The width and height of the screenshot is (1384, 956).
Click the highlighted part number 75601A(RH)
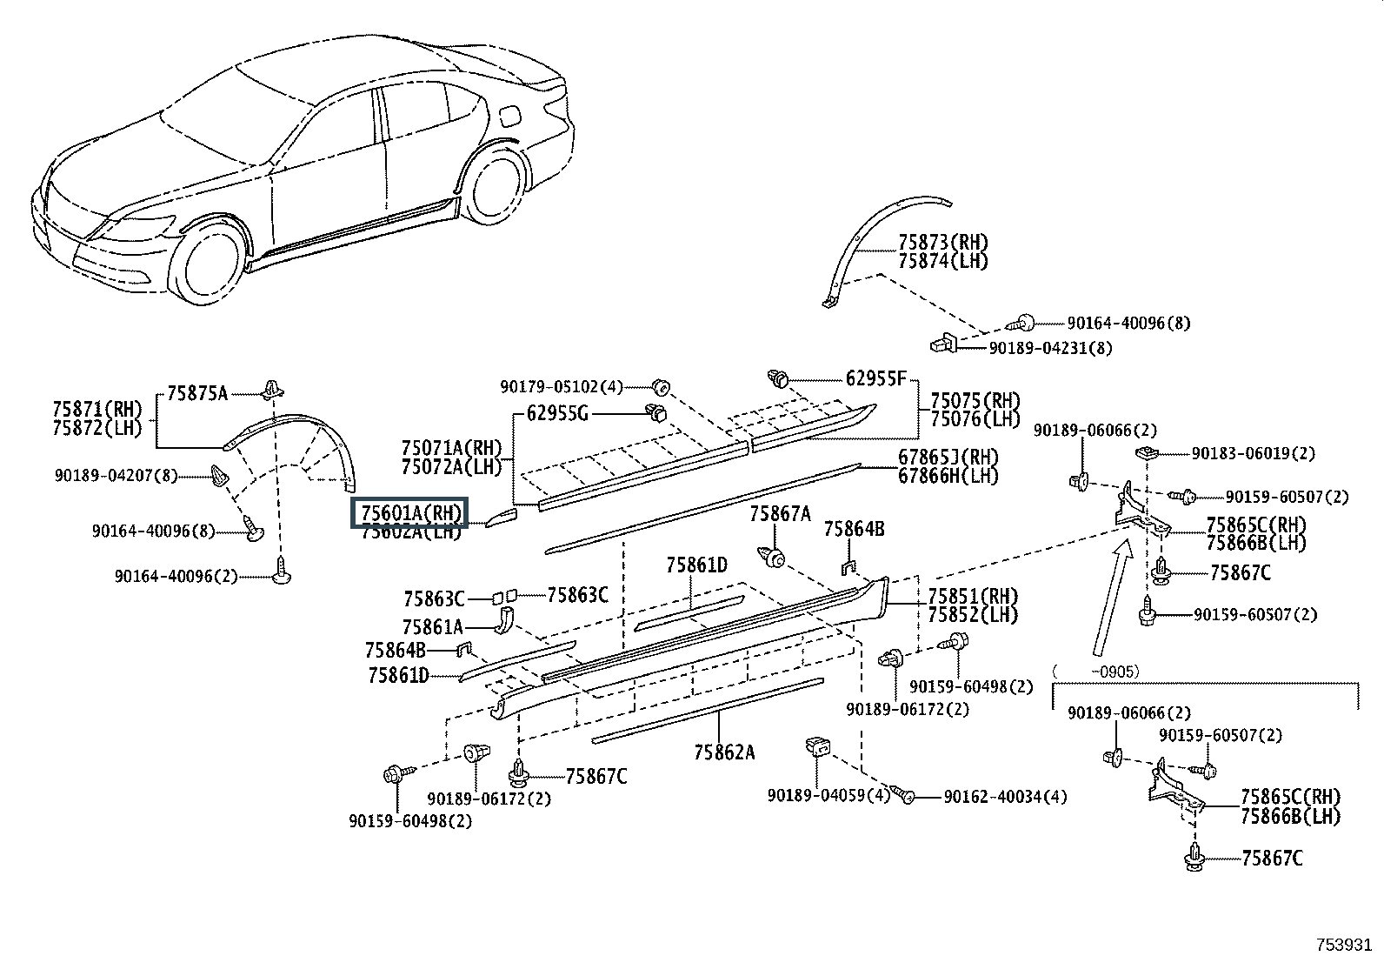click(411, 512)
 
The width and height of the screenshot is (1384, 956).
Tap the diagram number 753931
click(1343, 944)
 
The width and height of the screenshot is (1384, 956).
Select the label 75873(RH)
click(943, 242)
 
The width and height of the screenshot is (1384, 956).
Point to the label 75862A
click(724, 752)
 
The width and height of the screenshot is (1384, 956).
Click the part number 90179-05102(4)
click(562, 387)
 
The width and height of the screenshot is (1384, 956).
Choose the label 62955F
click(875, 378)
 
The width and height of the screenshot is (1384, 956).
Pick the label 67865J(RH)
click(948, 457)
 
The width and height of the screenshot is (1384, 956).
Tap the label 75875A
click(197, 393)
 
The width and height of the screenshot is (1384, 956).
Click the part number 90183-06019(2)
click(1253, 453)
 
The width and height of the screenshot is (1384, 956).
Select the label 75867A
click(781, 514)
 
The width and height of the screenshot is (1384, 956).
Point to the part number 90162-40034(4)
click(1005, 797)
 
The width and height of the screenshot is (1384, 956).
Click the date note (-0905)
click(1095, 672)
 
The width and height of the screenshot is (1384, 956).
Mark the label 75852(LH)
click(973, 615)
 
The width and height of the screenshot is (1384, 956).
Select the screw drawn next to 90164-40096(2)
click(281, 570)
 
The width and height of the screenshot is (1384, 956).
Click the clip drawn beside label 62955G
click(656, 411)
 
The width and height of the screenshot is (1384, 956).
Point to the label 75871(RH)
click(97, 409)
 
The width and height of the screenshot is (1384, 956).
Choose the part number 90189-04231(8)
click(1050, 348)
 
